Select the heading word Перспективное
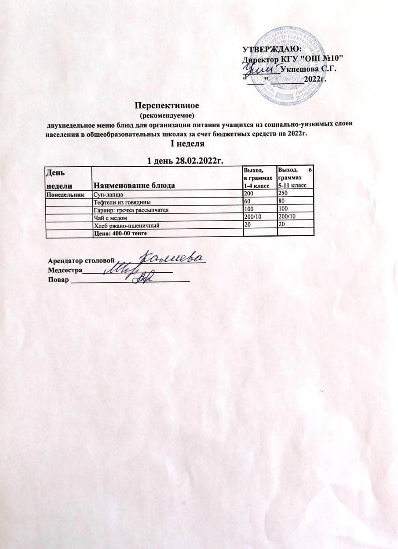tap(167, 106)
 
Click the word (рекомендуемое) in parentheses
tap(167, 116)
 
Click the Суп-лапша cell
tap(110, 194)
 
